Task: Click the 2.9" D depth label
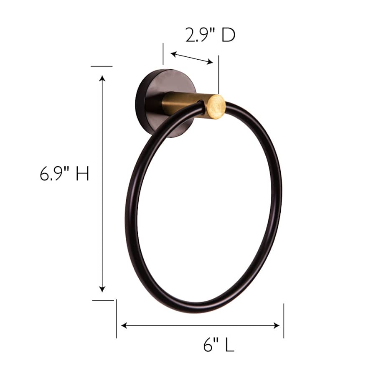pos(210,35)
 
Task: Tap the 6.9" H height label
pos(64,173)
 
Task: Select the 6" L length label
pos(218,345)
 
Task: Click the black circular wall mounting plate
pos(165,103)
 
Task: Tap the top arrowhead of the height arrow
pos(102,79)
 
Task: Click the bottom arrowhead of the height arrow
pos(102,289)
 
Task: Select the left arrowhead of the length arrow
pos(124,325)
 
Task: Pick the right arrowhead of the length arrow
pos(277,325)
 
